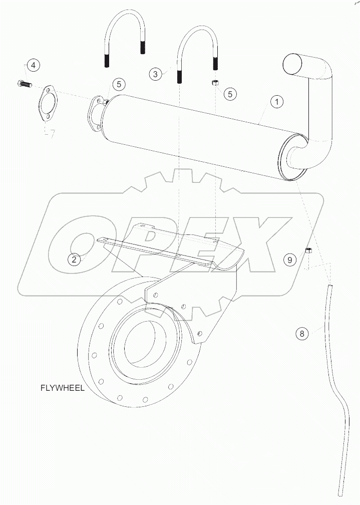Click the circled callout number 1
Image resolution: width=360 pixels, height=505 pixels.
pos(277,102)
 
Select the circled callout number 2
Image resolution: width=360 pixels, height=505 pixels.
pos(75,259)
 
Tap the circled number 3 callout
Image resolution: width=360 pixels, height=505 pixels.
pos(156,74)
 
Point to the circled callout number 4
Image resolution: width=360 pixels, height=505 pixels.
pos(33,65)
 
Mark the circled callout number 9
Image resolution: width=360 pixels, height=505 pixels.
pos(289,259)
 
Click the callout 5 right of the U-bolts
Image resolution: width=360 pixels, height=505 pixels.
pos(230,93)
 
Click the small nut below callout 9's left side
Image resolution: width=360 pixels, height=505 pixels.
pos(309,250)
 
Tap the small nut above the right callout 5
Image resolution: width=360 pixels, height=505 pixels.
pos(214,82)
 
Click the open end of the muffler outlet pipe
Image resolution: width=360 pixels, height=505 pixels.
pos(293,65)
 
